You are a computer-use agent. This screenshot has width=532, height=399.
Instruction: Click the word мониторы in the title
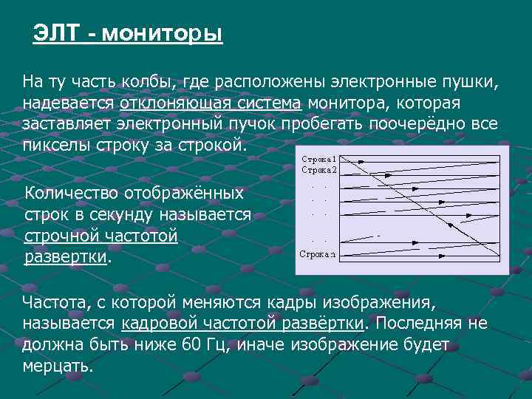pos(162,34)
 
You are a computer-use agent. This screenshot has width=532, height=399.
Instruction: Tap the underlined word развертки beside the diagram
pos(66,258)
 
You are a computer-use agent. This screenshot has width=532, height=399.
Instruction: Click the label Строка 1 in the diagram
pos(318,158)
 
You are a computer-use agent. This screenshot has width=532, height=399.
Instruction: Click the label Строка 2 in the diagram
pos(318,169)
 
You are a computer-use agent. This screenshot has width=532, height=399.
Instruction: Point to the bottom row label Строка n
pos(317,254)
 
